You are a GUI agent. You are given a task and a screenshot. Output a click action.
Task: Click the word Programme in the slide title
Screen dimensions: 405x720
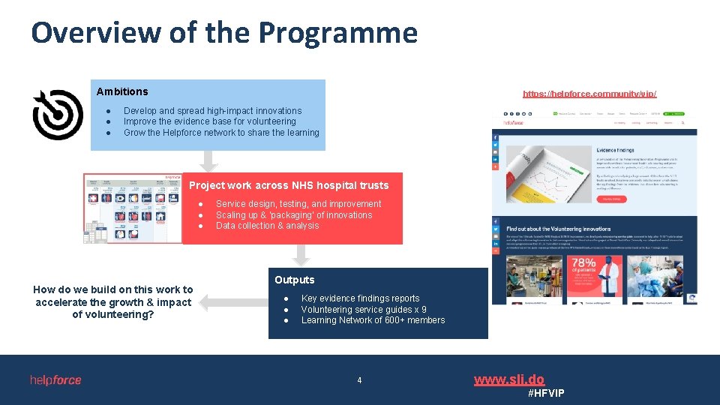(337, 34)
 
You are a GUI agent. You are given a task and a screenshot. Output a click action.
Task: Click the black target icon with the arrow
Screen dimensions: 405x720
(58, 115)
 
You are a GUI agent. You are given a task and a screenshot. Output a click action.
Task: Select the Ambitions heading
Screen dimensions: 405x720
(122, 91)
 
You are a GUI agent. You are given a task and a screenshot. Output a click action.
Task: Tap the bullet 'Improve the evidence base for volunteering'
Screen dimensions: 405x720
(209, 121)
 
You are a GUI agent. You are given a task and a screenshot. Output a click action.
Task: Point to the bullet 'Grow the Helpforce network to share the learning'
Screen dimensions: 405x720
(221, 133)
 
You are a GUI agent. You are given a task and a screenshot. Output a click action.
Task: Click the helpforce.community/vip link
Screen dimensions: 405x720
(589, 94)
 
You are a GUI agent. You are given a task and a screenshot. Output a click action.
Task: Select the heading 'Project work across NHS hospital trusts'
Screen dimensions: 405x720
(289, 185)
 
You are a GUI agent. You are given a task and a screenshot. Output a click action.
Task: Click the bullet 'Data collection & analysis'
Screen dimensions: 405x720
(267, 226)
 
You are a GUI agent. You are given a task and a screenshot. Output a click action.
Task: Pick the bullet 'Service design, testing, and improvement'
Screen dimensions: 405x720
(298, 204)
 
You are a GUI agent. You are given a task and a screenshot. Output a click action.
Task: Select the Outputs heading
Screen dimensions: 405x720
(294, 280)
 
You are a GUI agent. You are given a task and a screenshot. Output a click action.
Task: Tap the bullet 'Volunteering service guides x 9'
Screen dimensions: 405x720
(364, 309)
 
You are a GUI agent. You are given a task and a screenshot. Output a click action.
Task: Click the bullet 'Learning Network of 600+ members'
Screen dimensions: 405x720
(373, 320)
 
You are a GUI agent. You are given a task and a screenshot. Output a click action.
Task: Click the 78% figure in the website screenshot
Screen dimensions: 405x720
(583, 264)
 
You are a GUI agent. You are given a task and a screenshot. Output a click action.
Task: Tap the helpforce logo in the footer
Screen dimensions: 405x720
(55, 380)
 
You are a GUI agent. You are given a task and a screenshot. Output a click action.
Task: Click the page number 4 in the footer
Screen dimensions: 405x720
(359, 380)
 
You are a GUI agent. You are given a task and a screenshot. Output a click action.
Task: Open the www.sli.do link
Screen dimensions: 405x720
(508, 379)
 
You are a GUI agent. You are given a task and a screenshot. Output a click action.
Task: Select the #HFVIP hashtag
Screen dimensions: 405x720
(546, 394)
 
